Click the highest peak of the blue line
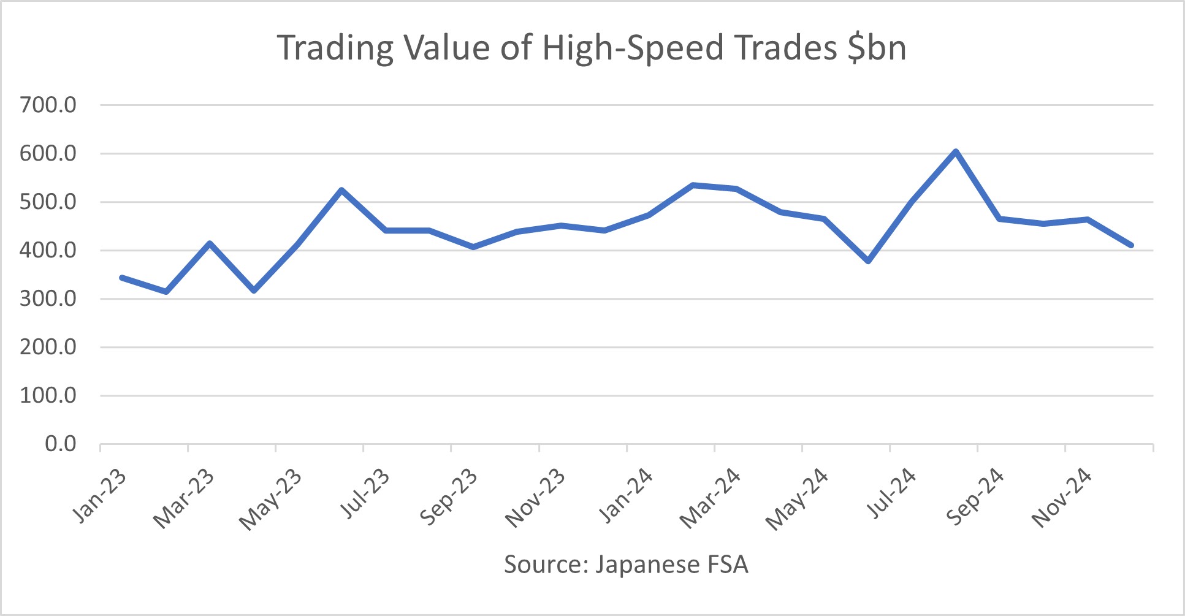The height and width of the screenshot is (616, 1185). (x=955, y=151)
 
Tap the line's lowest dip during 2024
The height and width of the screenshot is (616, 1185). (x=868, y=261)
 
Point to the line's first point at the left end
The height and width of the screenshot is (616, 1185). (x=122, y=278)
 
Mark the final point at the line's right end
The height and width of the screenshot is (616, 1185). (x=1131, y=245)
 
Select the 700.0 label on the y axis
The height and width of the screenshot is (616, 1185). (x=48, y=105)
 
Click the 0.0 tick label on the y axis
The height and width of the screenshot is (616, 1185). (x=61, y=444)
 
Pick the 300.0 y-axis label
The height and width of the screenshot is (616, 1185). (x=48, y=298)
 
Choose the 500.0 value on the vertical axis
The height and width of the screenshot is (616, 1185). (x=48, y=202)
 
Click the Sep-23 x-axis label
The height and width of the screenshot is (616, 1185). (x=449, y=496)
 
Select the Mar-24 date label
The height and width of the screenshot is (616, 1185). (x=711, y=498)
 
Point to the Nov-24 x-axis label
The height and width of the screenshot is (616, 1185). (x=1062, y=498)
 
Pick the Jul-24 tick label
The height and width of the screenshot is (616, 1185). (x=893, y=493)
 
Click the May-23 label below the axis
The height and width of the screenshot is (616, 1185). (x=272, y=499)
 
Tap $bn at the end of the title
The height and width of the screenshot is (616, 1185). (x=877, y=48)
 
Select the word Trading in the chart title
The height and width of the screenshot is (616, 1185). (x=335, y=48)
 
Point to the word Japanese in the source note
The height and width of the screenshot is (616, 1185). (x=647, y=565)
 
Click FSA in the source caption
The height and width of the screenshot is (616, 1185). (x=728, y=564)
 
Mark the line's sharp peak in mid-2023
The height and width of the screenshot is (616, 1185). (x=341, y=190)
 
